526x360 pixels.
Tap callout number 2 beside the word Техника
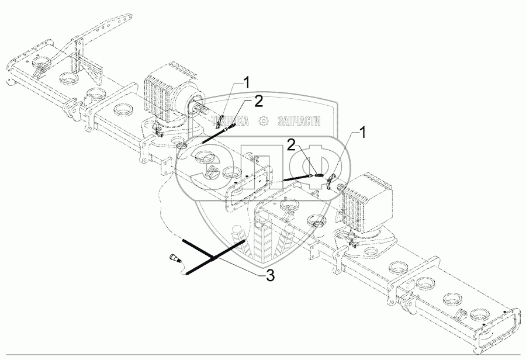click(x=258, y=101)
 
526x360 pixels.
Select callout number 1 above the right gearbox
click(x=363, y=134)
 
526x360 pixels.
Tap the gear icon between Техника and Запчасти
click(x=263, y=121)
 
